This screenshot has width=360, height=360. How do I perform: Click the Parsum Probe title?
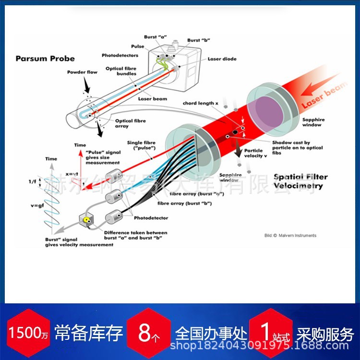tap(45, 59)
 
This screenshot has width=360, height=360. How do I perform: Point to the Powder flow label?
tap(82, 72)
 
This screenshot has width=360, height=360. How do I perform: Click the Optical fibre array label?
tap(131, 124)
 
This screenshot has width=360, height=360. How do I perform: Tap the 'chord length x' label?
tap(200, 103)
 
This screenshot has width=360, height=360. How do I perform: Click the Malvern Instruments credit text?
tap(290, 235)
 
